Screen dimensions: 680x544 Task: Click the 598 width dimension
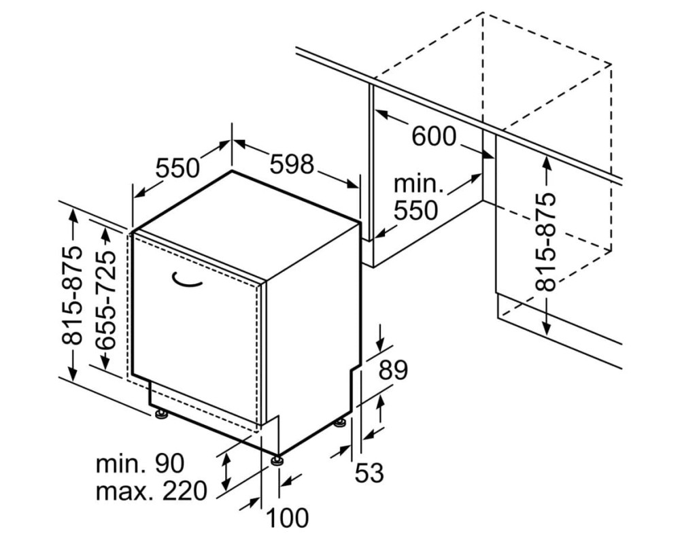(292, 165)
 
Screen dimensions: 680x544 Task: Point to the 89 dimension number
(393, 370)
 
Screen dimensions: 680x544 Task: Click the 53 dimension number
(369, 473)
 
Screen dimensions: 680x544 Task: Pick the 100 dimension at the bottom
(287, 517)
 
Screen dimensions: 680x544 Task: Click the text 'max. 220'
(152, 491)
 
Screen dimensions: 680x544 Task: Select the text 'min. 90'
(140, 463)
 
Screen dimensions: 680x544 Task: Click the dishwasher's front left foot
(161, 414)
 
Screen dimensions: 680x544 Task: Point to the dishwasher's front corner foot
(277, 460)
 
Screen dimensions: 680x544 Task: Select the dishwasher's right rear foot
(340, 422)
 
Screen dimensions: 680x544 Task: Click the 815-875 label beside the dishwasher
(71, 296)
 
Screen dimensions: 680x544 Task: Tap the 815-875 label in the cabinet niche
(545, 241)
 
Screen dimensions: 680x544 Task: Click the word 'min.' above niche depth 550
(419, 184)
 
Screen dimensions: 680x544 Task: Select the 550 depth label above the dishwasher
(177, 168)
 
